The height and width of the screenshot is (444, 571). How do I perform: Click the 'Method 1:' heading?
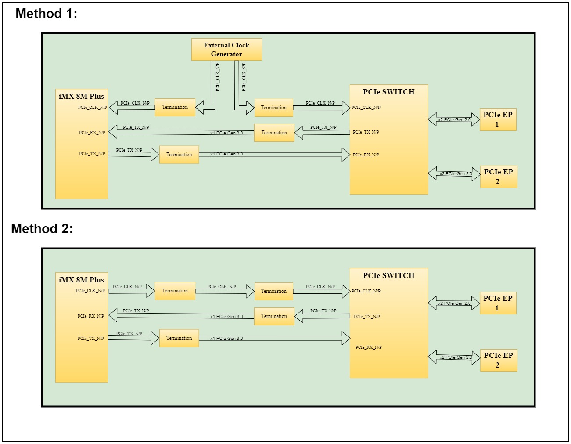point(46,14)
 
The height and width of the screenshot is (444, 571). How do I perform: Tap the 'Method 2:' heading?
point(42,229)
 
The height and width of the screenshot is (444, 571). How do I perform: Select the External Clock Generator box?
point(226,49)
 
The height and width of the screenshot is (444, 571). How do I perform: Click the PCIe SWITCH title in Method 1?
point(388,92)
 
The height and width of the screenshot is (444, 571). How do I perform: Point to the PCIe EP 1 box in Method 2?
point(498,303)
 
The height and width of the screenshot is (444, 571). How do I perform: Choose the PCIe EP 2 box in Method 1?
point(499,177)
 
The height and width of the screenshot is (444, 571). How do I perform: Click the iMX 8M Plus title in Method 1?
point(81,96)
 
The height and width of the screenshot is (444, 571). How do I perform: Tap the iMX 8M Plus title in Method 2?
point(81,280)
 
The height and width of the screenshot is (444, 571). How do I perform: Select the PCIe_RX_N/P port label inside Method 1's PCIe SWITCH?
point(366,155)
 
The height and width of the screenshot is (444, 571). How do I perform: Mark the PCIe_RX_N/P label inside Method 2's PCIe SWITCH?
point(368,347)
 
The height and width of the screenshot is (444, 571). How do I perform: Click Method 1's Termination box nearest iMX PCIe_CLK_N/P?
point(175,107)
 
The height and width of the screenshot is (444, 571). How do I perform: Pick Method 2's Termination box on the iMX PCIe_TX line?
point(179,338)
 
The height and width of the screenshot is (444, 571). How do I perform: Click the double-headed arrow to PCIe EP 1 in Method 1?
point(454,120)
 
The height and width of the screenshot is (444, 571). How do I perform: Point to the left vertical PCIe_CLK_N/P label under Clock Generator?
point(218,77)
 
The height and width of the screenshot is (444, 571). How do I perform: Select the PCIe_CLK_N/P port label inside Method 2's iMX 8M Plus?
point(90,291)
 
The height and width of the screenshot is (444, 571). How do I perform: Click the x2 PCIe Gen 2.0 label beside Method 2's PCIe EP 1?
point(454,303)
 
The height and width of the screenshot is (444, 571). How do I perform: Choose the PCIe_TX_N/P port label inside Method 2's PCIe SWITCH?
point(366,317)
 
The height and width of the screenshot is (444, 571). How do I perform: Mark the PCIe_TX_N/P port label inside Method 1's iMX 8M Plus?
point(92,154)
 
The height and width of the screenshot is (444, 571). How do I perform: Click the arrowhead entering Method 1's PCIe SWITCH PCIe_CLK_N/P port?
point(346,108)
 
